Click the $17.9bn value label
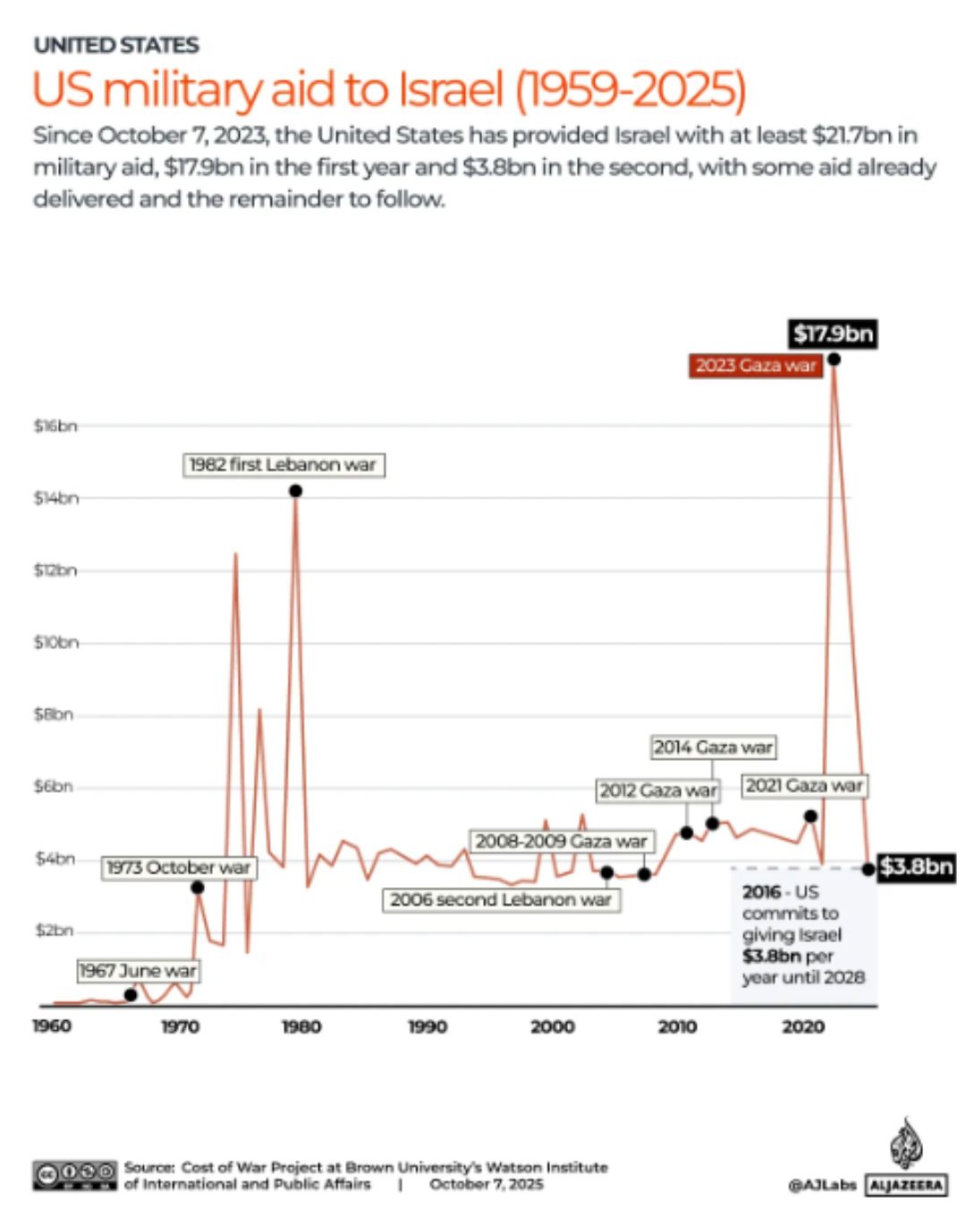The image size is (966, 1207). pyautogui.click(x=833, y=334)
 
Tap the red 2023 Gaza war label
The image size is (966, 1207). pyautogui.click(x=756, y=366)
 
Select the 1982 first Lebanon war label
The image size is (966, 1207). pyautogui.click(x=284, y=465)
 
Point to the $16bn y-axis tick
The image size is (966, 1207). pyautogui.click(x=55, y=426)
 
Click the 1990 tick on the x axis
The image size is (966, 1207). pyautogui.click(x=428, y=1026)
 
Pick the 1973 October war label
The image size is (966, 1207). pyautogui.click(x=179, y=867)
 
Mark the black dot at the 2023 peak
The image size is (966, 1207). pyautogui.click(x=834, y=359)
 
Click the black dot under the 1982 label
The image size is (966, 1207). pyautogui.click(x=296, y=491)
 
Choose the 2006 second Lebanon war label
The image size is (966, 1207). pyautogui.click(x=501, y=899)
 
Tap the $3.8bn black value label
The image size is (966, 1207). pyautogui.click(x=916, y=866)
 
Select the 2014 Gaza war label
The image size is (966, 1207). pyautogui.click(x=713, y=747)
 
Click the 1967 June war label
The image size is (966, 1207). pyautogui.click(x=138, y=970)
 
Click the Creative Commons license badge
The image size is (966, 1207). pyautogui.click(x=75, y=1175)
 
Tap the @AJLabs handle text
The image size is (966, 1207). pyautogui.click(x=822, y=1185)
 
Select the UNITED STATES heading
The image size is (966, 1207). pyautogui.click(x=116, y=45)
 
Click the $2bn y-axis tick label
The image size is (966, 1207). pyautogui.click(x=54, y=931)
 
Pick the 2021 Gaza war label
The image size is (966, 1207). pyautogui.click(x=804, y=786)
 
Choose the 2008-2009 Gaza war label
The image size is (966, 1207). pyautogui.click(x=562, y=841)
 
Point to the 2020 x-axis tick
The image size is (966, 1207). pyautogui.click(x=803, y=1026)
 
